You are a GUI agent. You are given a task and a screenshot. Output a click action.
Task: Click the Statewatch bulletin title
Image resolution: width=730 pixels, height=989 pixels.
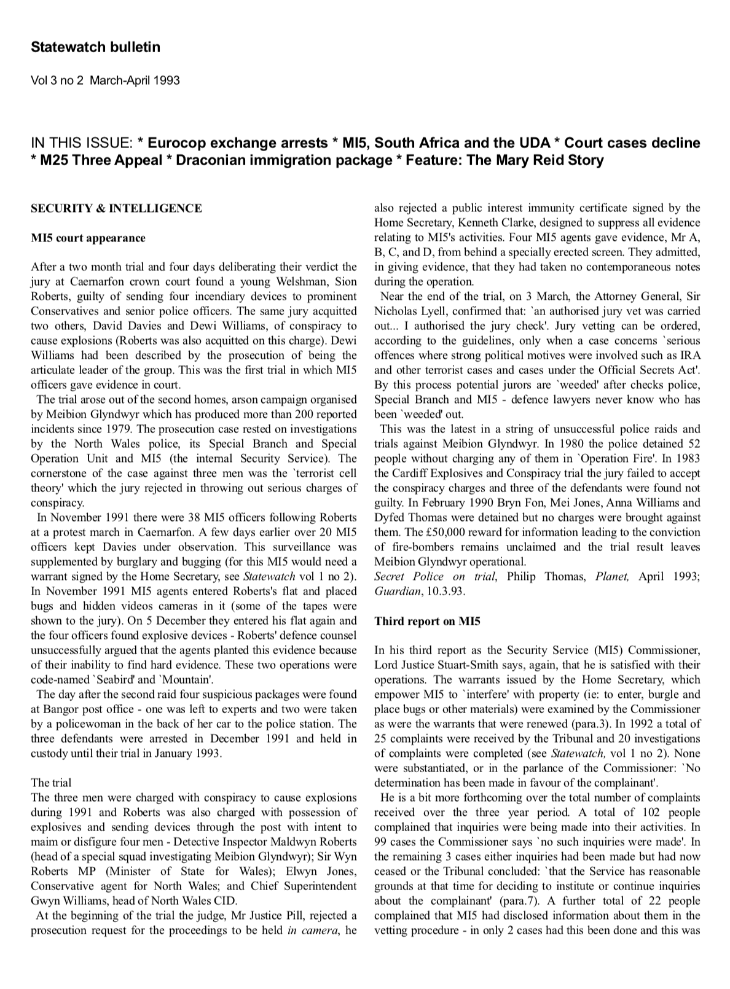point(95,47)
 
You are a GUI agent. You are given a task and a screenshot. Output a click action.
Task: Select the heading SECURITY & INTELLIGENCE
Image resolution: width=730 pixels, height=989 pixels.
point(116,208)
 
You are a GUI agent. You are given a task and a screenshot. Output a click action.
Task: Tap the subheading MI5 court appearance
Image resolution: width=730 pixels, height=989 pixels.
point(88,238)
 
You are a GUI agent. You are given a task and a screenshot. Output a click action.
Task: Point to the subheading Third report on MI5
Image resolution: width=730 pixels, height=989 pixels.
point(427,621)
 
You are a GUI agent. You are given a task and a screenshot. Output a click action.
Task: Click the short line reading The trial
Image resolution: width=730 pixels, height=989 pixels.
point(51,783)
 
